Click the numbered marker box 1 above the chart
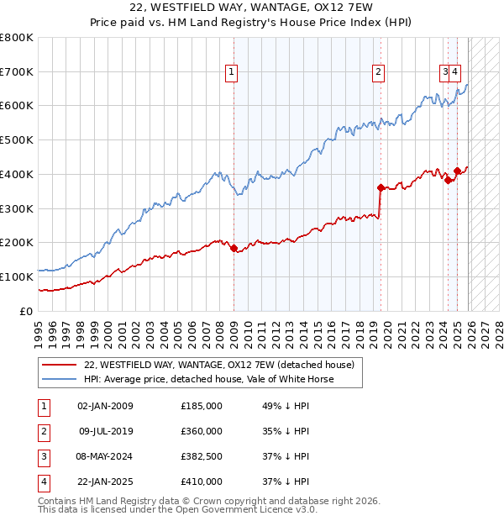[231, 72]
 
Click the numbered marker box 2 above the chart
[379, 72]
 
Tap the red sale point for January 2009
[234, 248]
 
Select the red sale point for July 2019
[381, 187]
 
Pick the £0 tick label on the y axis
[27, 311]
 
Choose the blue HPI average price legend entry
[208, 379]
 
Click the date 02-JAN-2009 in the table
[105, 406]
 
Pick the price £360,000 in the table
[202, 431]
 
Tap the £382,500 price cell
[202, 456]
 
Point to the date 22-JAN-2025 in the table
[105, 482]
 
